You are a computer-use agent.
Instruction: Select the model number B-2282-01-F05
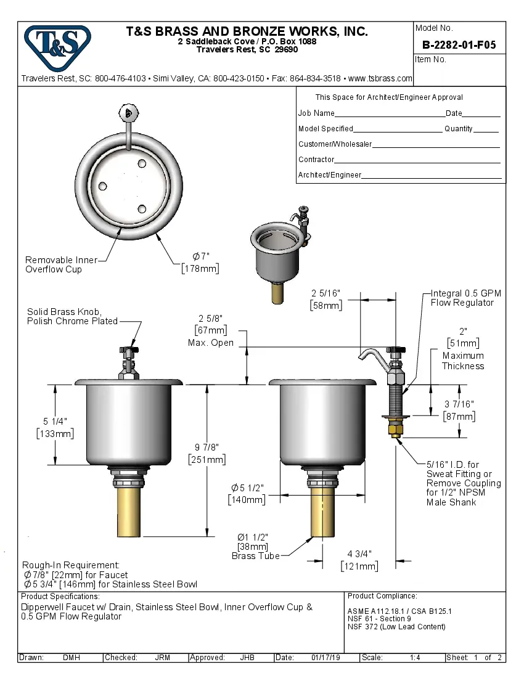pyautogui.click(x=459, y=45)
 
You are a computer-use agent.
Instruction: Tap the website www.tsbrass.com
pyautogui.click(x=380, y=79)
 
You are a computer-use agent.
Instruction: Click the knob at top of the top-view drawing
pyautogui.click(x=128, y=113)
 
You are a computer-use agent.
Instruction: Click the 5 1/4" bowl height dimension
pyautogui.click(x=55, y=427)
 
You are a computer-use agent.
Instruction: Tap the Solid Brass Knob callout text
pyautogui.click(x=72, y=316)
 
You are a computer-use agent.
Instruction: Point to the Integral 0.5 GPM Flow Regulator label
pyautogui.click(x=462, y=298)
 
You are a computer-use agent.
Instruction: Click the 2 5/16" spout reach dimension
pyautogui.click(x=325, y=298)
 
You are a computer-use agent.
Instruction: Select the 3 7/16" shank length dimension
pyautogui.click(x=459, y=410)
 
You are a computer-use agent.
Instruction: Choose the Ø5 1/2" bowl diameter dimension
pyautogui.click(x=247, y=493)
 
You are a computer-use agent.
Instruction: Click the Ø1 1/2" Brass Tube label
pyautogui.click(x=253, y=545)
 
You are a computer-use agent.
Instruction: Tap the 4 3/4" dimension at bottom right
pyautogui.click(x=359, y=560)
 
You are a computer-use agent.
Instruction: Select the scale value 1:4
pyautogui.click(x=415, y=658)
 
